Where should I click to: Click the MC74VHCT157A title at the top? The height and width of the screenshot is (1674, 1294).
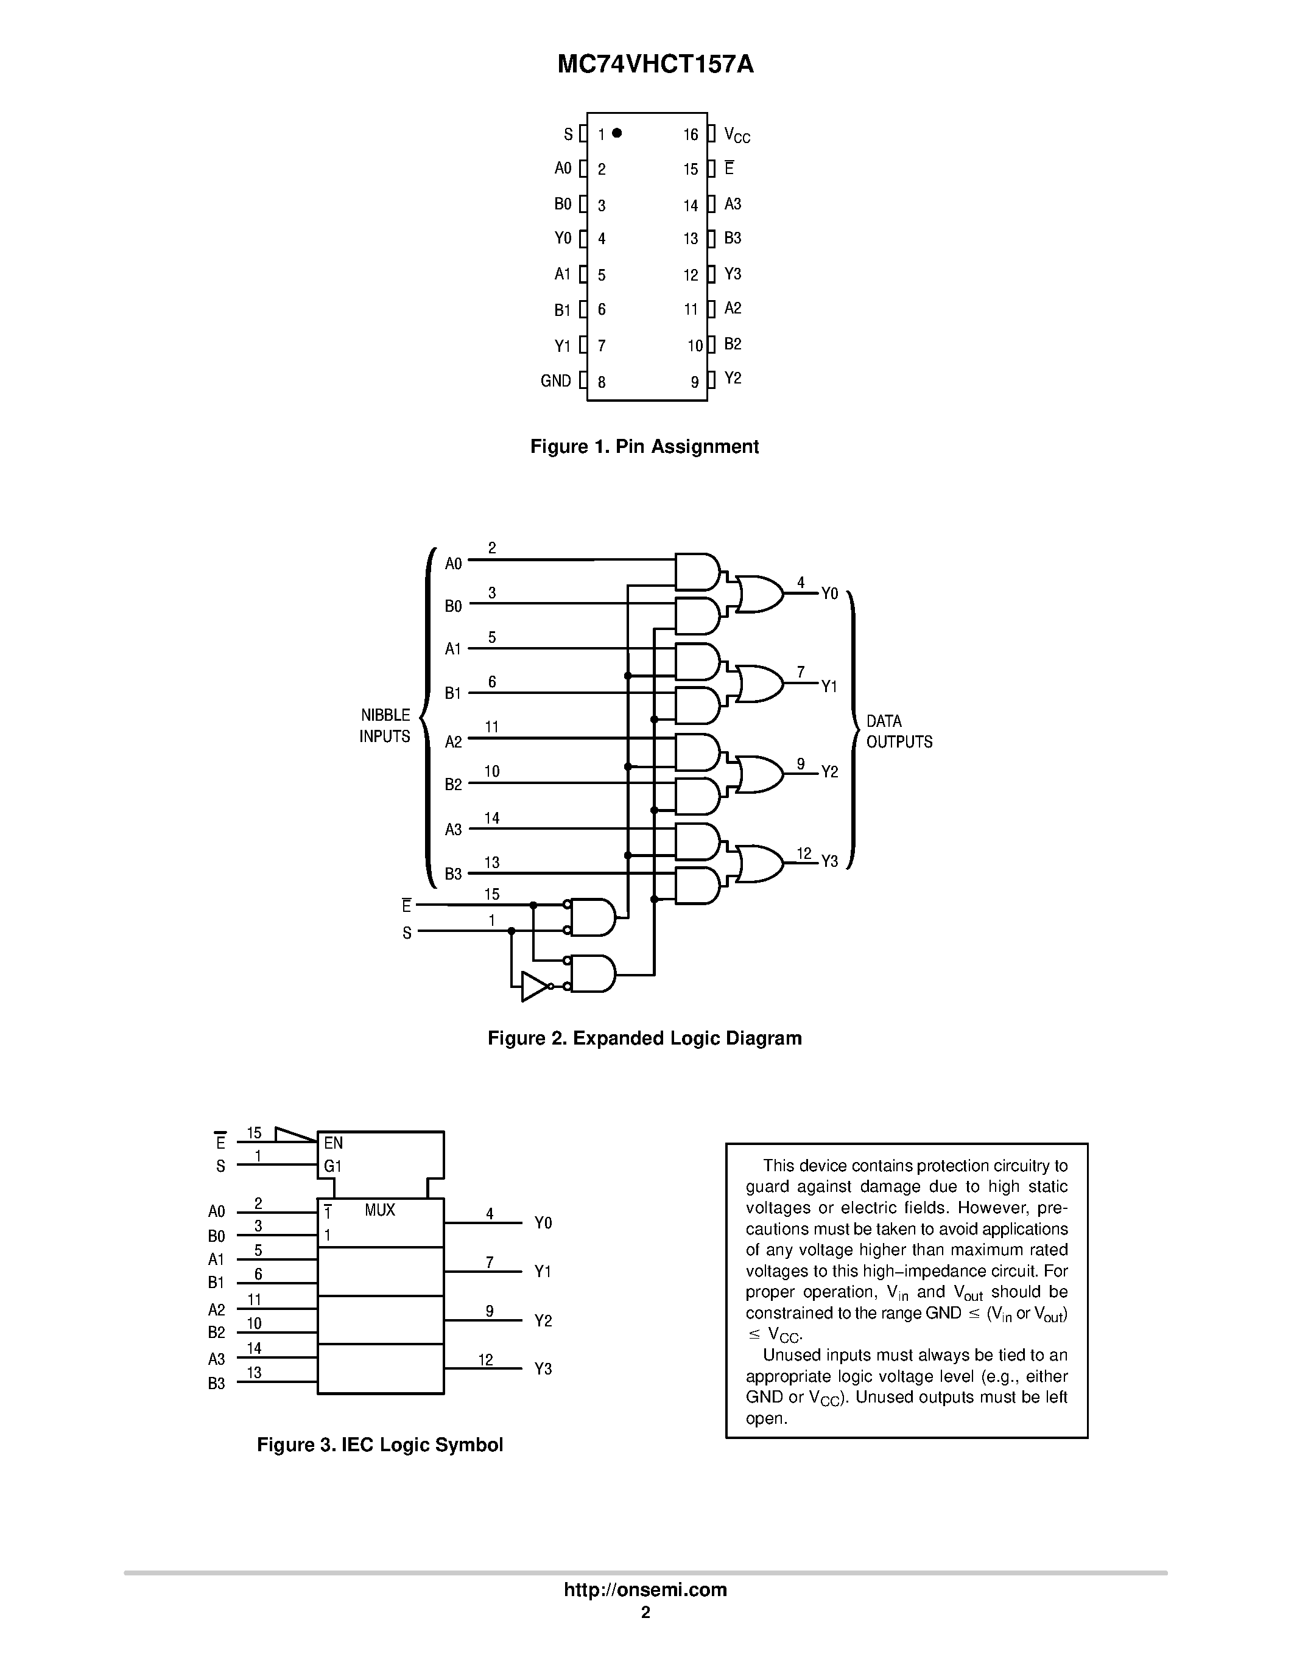(655, 65)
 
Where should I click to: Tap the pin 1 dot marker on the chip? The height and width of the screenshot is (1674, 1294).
(617, 133)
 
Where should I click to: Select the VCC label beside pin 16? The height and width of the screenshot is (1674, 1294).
(737, 136)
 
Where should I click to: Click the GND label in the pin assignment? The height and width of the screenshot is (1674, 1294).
(556, 381)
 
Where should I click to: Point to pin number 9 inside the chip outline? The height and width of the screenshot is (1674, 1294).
(695, 382)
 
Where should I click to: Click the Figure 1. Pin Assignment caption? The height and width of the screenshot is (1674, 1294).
(644, 447)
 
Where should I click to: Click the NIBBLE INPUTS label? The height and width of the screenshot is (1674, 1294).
(385, 725)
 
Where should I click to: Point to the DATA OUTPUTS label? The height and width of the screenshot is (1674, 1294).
(898, 731)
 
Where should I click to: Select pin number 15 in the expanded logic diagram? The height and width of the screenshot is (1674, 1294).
(491, 894)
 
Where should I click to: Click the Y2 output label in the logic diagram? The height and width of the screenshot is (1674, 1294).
(830, 772)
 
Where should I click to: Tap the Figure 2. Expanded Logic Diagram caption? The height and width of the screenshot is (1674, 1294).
(644, 1038)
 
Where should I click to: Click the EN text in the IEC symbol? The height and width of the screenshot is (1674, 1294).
(334, 1143)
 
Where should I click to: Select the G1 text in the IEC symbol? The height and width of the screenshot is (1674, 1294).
(332, 1166)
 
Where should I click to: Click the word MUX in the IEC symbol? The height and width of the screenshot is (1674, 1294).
(379, 1210)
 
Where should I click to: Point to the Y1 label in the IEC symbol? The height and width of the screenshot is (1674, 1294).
(543, 1272)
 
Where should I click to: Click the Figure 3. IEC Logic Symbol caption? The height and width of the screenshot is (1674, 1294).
(379, 1445)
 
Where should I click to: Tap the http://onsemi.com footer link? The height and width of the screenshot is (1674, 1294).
(645, 1589)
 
